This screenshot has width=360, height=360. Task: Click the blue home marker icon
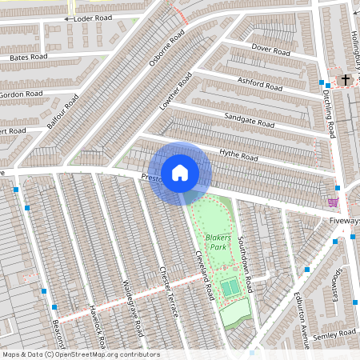[x=180, y=172]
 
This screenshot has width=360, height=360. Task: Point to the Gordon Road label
[x=22, y=94]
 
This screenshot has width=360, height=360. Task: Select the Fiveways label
[x=344, y=220]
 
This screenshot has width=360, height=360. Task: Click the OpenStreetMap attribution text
[x=80, y=354]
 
